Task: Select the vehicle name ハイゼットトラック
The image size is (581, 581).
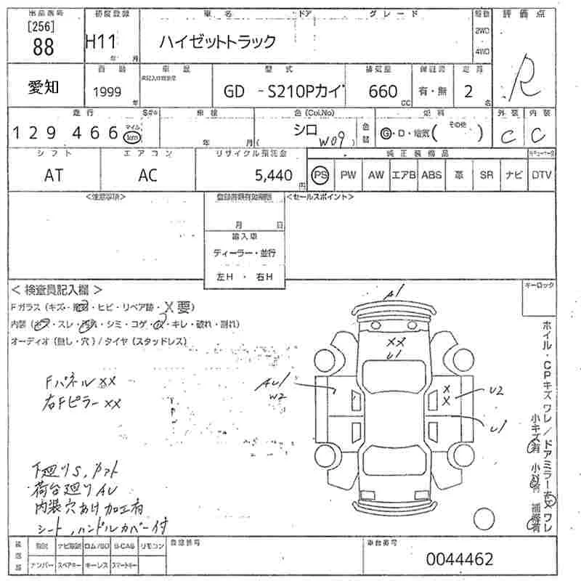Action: click(218, 42)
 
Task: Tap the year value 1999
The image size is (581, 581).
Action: click(108, 92)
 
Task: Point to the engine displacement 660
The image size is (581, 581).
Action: click(383, 92)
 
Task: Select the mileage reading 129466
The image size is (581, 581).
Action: click(65, 133)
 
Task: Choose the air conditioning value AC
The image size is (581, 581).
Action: click(147, 175)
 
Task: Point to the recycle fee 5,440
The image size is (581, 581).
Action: click(274, 175)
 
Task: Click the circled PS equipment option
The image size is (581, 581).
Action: click(320, 175)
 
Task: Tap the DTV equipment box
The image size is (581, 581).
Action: click(541, 175)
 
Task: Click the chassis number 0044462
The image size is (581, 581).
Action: click(460, 559)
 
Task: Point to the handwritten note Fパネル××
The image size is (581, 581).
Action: click(80, 381)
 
